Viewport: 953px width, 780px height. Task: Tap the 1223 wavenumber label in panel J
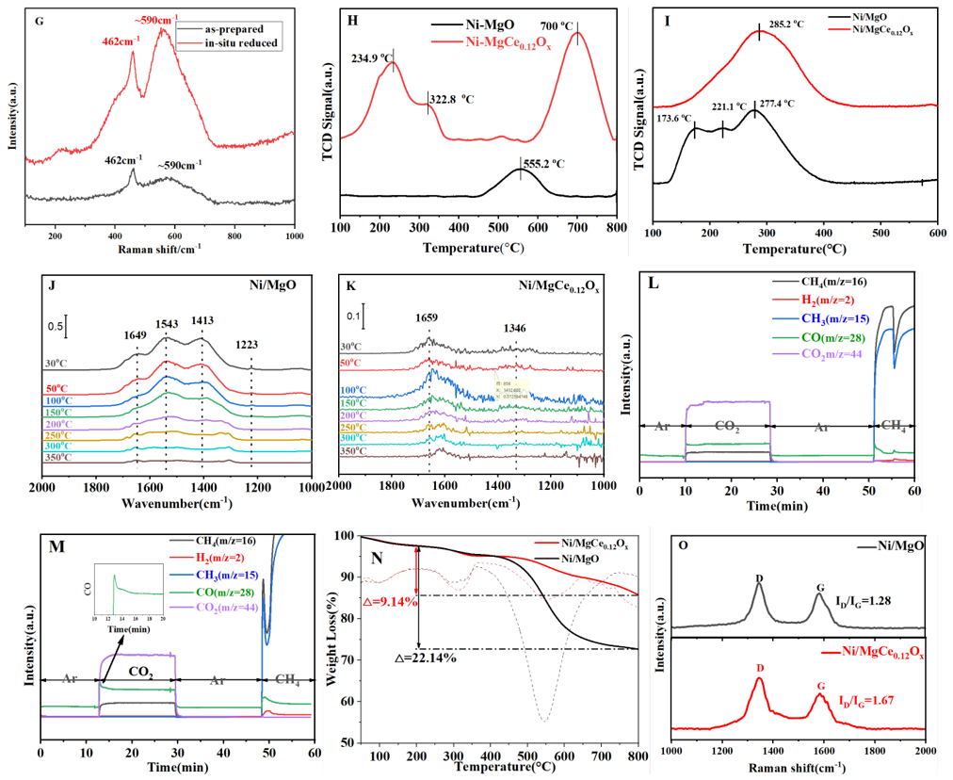(250, 345)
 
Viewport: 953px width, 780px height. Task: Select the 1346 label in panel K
(515, 329)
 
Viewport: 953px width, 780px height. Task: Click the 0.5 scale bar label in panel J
(57, 329)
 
